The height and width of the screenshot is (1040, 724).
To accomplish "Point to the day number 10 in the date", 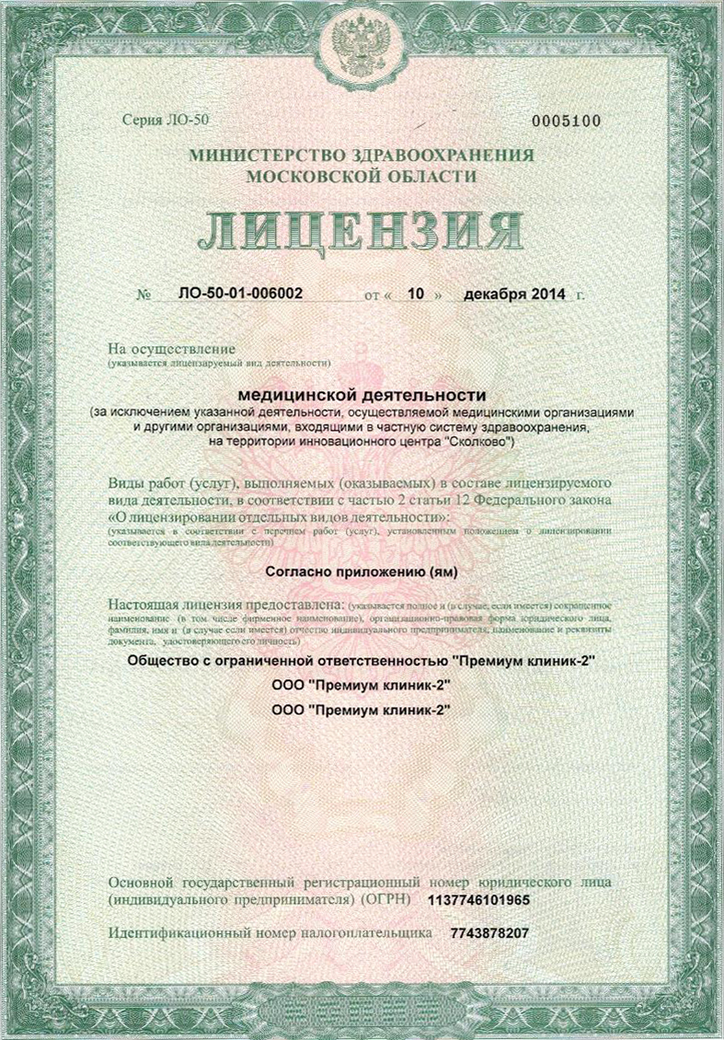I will click(414, 295).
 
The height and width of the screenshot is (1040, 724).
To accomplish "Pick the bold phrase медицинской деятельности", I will click(362, 393).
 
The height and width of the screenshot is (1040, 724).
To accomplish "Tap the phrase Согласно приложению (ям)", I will click(362, 572).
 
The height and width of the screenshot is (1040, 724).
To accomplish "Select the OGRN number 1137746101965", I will click(486, 899).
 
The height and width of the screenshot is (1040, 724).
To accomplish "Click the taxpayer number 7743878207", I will click(490, 933).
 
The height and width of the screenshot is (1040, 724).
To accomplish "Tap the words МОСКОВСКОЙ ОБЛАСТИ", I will click(362, 176).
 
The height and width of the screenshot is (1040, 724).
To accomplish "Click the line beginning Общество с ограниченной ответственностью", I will click(362, 662).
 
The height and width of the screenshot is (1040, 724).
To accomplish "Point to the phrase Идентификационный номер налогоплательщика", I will click(270, 933).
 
